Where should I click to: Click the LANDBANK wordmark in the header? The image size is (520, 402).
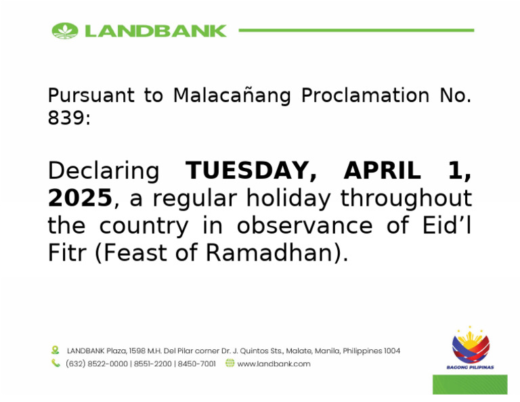tap(154, 30)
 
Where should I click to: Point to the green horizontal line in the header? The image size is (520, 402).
tap(356, 30)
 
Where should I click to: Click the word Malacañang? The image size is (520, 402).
tap(232, 96)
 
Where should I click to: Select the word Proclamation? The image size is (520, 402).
tap(366, 96)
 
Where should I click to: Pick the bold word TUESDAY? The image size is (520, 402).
tap(251, 171)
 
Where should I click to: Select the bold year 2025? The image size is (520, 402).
tap(79, 199)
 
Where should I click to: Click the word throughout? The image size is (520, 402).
tap(406, 199)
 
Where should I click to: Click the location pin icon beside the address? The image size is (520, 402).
tap(56, 351)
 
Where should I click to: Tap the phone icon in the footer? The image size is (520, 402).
tap(56, 363)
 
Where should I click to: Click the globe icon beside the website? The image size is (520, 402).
tap(230, 363)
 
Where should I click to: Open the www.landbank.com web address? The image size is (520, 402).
tap(274, 363)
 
